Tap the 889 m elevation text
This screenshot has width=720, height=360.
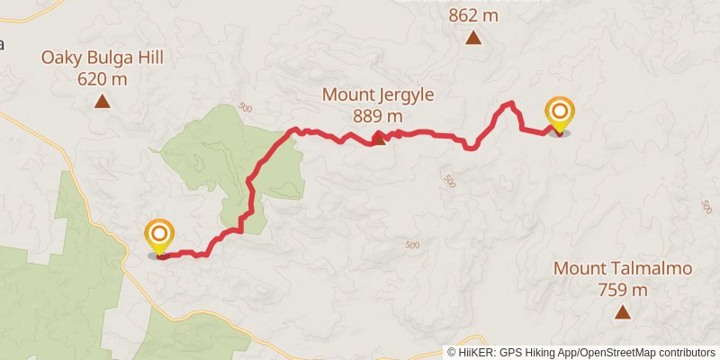[378, 115]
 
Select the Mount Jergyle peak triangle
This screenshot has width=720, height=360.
[379, 138]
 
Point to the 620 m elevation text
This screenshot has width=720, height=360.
[102, 79]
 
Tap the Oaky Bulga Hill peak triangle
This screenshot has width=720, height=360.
[103, 102]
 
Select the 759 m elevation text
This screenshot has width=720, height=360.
[623, 290]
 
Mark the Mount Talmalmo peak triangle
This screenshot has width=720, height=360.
[622, 312]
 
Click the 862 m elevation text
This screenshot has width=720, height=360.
[472, 15]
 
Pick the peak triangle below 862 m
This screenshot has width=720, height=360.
[472, 38]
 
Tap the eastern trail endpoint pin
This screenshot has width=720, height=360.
[559, 115]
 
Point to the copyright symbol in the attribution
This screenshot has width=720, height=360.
[452, 353]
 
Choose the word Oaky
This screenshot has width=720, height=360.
[57, 58]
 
